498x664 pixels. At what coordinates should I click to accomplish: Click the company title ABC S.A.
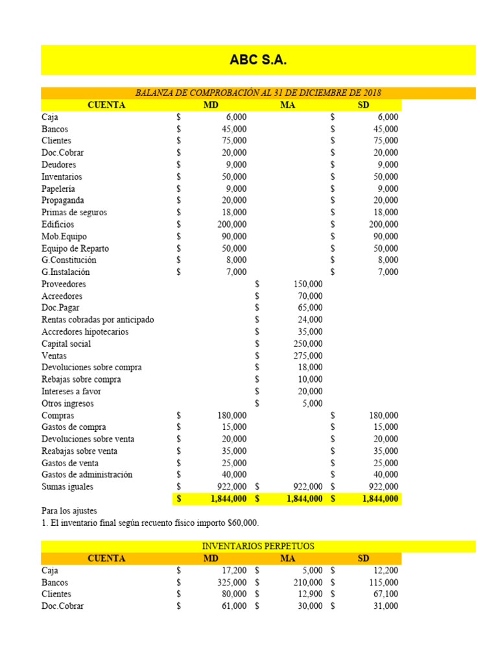pyautogui.click(x=258, y=60)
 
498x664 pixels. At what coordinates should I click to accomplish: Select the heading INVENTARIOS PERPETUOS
pyautogui.click(x=258, y=547)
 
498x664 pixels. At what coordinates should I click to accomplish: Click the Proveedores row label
pyautogui.click(x=64, y=284)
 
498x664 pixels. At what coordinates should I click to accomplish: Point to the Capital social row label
pyautogui.click(x=66, y=344)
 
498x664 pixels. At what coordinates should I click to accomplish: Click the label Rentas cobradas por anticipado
pyautogui.click(x=98, y=320)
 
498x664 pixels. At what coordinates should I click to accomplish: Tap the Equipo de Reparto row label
pyautogui.click(x=75, y=248)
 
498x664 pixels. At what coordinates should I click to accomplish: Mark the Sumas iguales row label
pyautogui.click(x=67, y=486)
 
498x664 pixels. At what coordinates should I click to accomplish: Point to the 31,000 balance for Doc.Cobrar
pyautogui.click(x=386, y=606)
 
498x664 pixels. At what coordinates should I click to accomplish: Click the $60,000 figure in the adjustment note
pyautogui.click(x=246, y=523)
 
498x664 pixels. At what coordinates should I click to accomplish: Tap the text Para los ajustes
pyautogui.click(x=69, y=511)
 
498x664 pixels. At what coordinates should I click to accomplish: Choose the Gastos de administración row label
pyautogui.click(x=87, y=475)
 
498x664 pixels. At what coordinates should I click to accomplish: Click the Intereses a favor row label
pyautogui.click(x=71, y=392)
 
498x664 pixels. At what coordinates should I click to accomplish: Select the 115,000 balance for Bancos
pyautogui.click(x=384, y=582)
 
